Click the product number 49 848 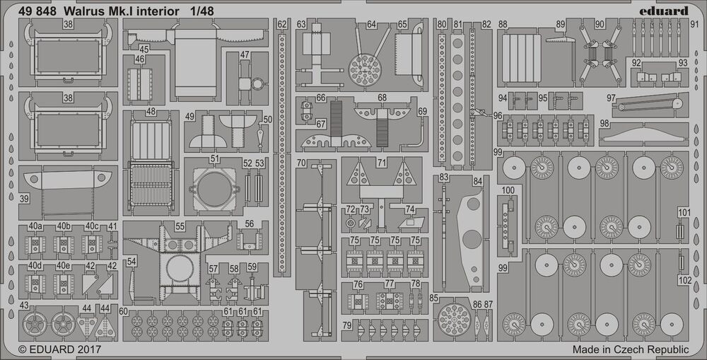(35, 11)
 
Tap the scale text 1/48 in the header (204, 11)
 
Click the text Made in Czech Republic (630, 349)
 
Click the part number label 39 (25, 199)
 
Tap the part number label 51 (214, 158)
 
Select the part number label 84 (478, 182)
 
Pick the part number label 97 (611, 98)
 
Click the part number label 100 (508, 191)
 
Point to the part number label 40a (35, 226)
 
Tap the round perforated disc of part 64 (366, 70)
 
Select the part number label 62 (282, 25)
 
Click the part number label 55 (180, 227)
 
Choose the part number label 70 (302, 163)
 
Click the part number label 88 (503, 25)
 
